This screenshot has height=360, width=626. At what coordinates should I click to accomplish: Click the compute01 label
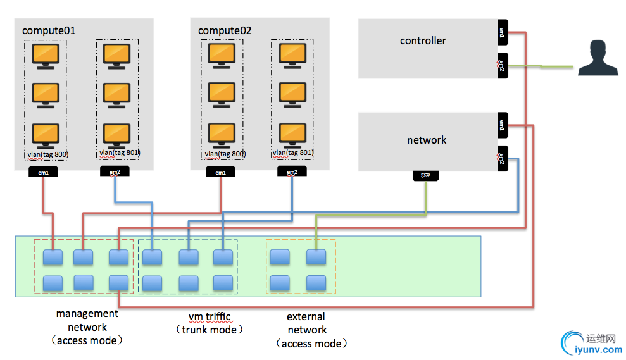coord(49,30)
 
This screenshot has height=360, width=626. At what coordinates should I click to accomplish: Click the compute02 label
coord(225,30)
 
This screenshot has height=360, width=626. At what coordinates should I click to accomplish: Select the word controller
coord(423,40)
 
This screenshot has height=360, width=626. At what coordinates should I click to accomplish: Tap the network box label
coord(427,140)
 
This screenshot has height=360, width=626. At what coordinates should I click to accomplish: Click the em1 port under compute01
coord(44,173)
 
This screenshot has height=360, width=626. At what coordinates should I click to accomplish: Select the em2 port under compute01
coord(115,173)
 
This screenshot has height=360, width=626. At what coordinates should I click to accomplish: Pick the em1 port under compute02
coord(220,173)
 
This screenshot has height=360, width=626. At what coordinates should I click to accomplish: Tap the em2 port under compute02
coord(291,173)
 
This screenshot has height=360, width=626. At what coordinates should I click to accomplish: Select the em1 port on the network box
coord(502,125)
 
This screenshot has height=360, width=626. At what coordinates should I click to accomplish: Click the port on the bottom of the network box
coord(425,175)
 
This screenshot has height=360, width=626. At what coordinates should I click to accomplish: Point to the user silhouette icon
coord(597,58)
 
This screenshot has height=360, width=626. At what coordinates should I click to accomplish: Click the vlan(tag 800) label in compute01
coord(47,154)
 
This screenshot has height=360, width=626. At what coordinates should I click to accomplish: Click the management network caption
coord(87,326)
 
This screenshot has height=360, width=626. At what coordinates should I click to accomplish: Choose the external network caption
coord(307,330)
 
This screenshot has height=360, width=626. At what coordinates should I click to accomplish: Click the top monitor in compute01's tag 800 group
coord(46,55)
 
